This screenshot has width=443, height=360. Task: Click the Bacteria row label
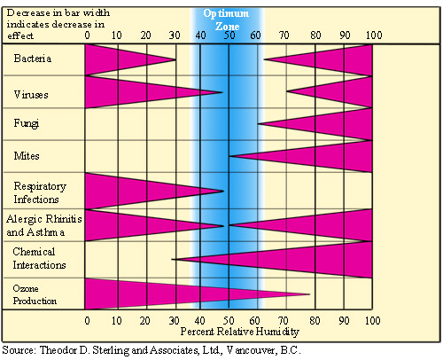point(33,59)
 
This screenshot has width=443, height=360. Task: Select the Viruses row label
point(31,95)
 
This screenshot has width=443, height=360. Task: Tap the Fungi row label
point(27,123)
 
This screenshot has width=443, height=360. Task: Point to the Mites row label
point(27,156)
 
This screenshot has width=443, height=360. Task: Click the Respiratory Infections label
point(40,192)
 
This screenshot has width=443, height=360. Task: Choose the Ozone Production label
point(35,294)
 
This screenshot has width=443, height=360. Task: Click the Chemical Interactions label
point(39,258)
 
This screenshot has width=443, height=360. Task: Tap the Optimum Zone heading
point(227,20)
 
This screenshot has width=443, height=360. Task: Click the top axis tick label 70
point(284,35)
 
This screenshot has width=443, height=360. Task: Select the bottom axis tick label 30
point(174,321)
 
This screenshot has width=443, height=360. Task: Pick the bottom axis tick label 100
point(373,321)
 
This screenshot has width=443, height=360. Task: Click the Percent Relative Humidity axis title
point(240,332)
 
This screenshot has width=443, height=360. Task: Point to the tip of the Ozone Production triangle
point(310,294)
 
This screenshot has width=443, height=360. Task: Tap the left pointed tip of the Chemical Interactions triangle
point(172,260)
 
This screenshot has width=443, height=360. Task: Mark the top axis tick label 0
point(87,35)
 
